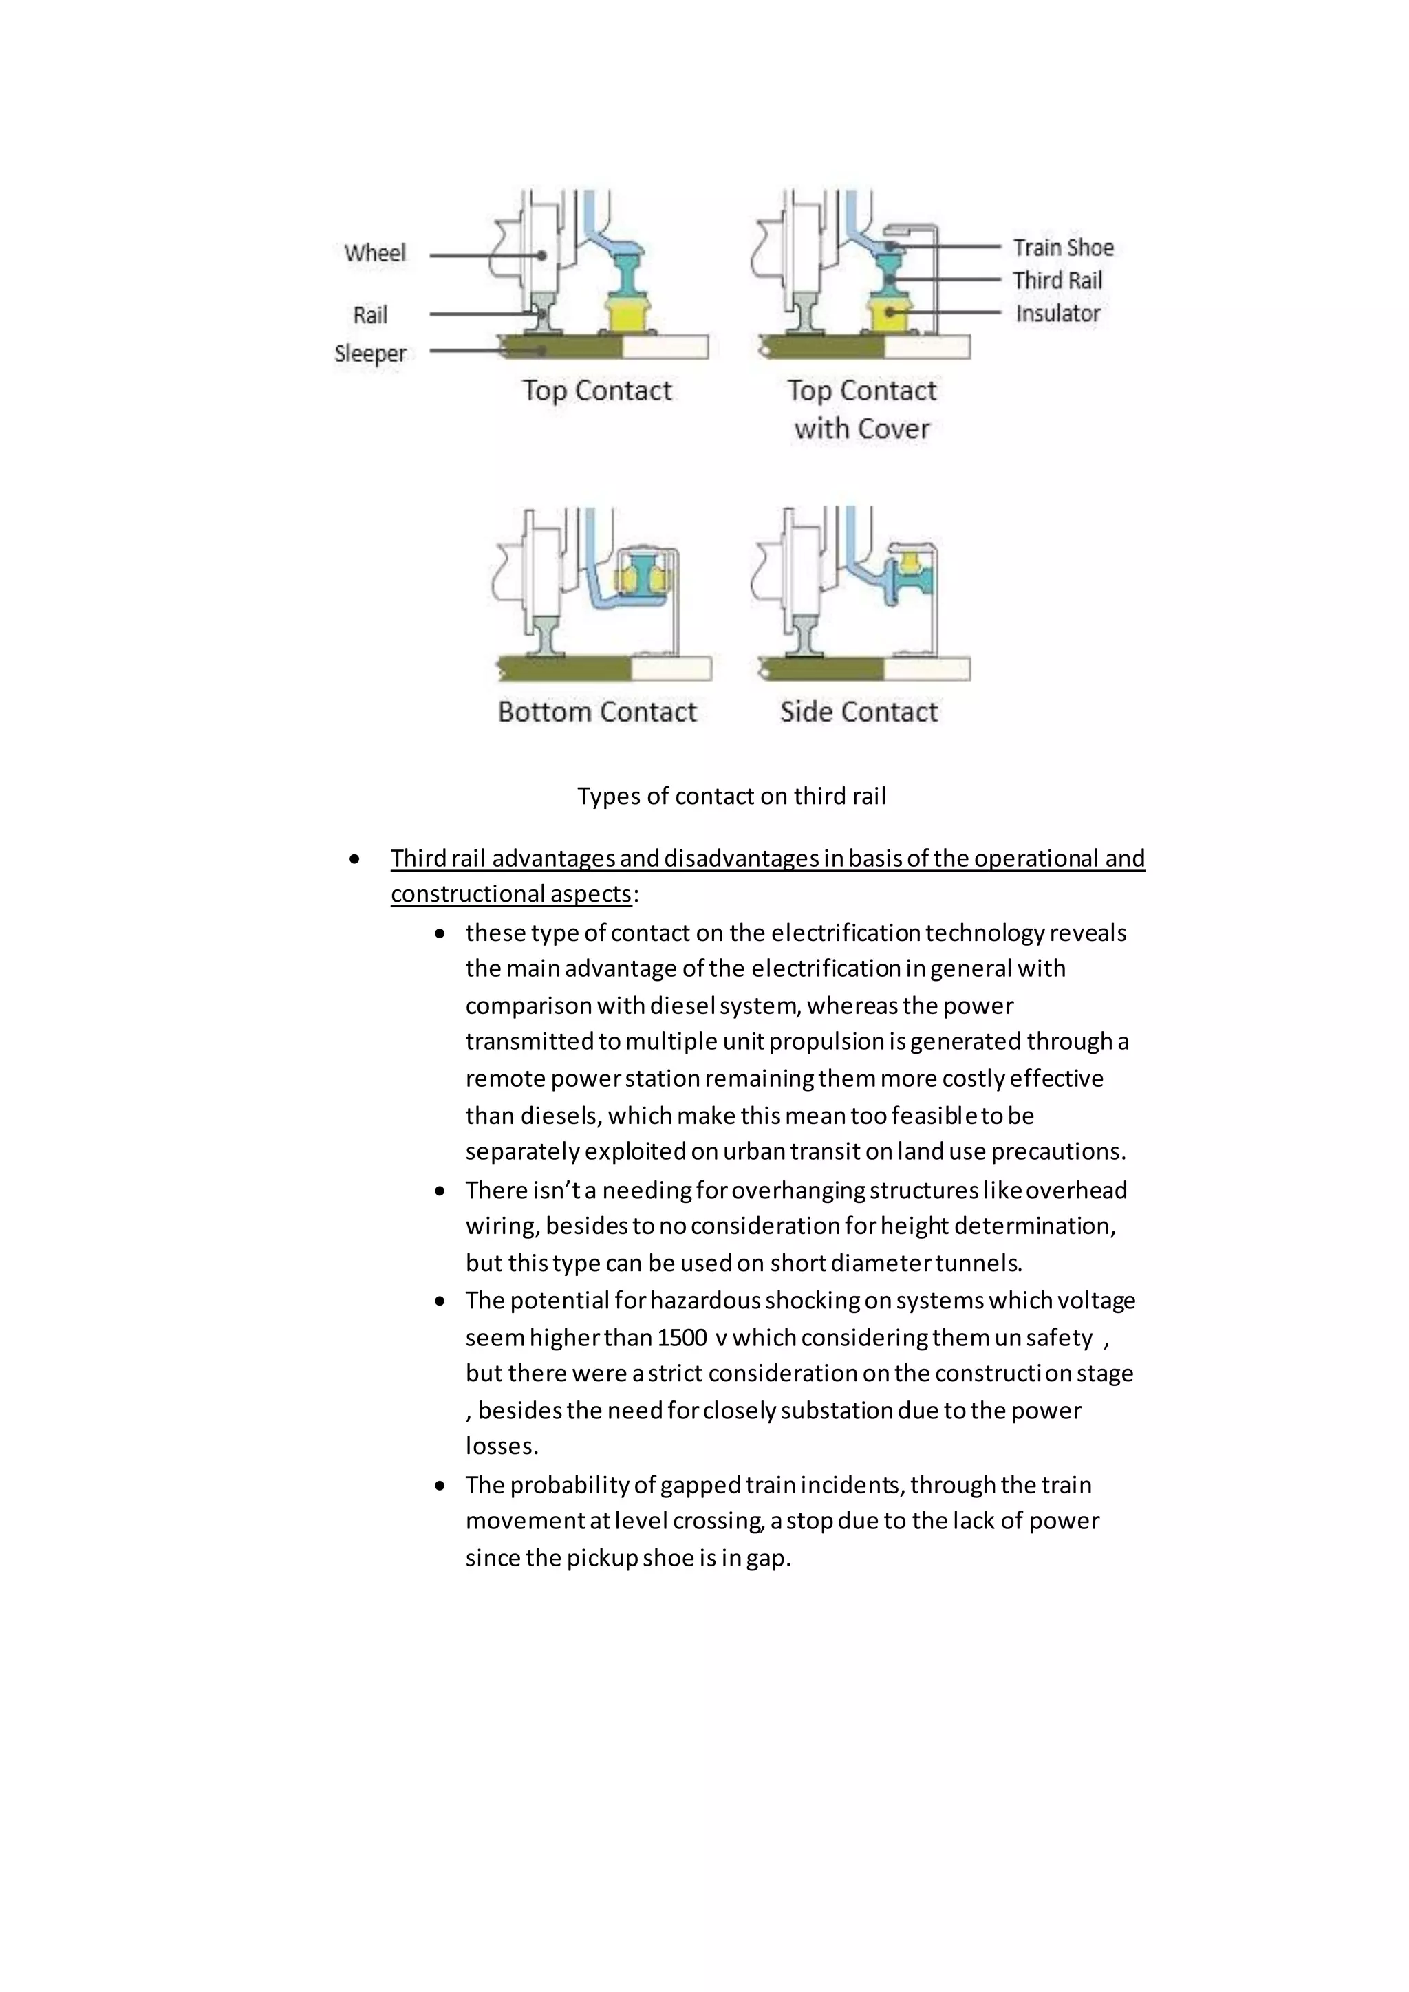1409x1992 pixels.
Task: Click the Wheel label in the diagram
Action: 375,253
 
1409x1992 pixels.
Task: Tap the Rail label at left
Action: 370,315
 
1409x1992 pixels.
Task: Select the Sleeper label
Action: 370,354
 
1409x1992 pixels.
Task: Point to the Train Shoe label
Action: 1063,248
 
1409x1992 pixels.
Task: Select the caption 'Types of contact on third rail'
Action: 731,797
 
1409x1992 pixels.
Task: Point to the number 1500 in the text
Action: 682,1338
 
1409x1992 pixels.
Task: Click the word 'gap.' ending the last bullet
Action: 768,1558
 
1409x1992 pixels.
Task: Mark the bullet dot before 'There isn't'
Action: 441,1191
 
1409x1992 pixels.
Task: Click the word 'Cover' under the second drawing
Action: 894,429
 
